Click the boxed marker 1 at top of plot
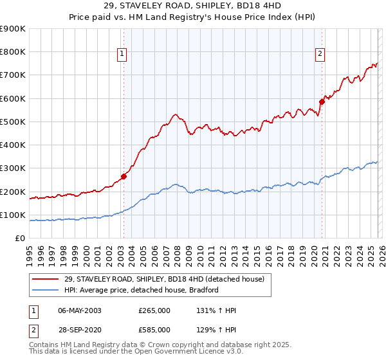click(x=122, y=55)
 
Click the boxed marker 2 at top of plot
click(x=320, y=55)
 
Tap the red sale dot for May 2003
click(x=124, y=177)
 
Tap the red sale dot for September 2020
click(x=322, y=101)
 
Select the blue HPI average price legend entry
click(x=142, y=290)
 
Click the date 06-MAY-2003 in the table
click(x=80, y=310)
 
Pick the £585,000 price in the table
click(x=154, y=329)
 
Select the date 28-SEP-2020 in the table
click(x=80, y=329)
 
